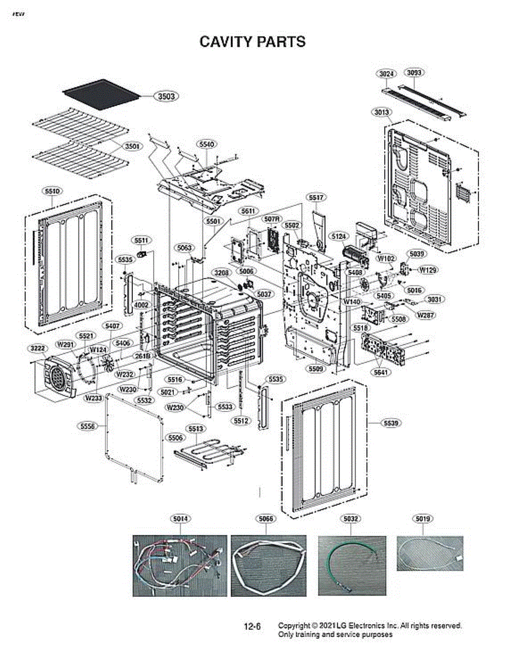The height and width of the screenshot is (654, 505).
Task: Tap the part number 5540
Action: [x=206, y=144]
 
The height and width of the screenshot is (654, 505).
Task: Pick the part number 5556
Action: [x=86, y=425]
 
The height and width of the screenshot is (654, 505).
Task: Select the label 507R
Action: [x=272, y=219]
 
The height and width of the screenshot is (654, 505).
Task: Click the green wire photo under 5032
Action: [x=352, y=565]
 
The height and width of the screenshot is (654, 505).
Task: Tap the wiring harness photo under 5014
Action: [x=180, y=565]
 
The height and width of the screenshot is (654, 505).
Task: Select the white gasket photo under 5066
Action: [x=268, y=565]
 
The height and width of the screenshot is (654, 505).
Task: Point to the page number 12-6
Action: [x=252, y=627]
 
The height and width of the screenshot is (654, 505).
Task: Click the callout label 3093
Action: [x=415, y=72]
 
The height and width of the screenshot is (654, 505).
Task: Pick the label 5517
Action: [x=315, y=197]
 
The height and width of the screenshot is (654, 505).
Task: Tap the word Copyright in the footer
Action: [x=294, y=625]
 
